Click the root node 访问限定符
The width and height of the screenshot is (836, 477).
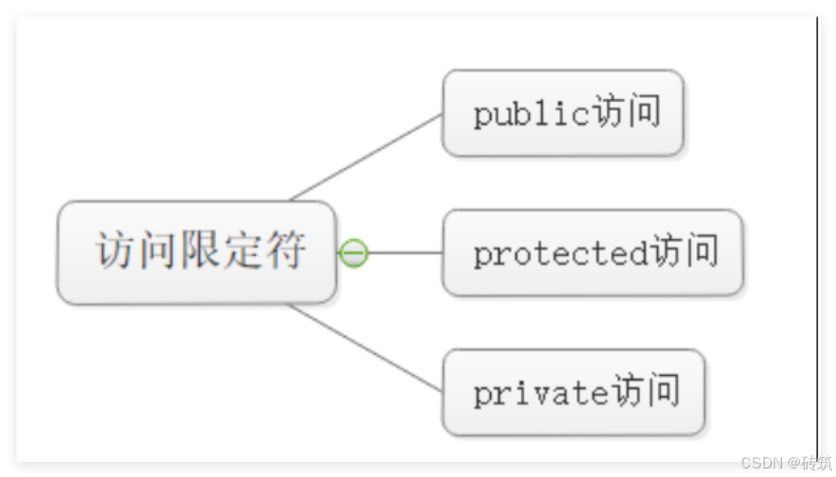click(x=197, y=252)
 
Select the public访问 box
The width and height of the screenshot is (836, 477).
click(x=562, y=113)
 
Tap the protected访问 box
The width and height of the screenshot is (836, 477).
click(x=592, y=253)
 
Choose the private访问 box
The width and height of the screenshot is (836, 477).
click(x=574, y=392)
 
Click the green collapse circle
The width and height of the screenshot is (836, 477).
click(x=354, y=253)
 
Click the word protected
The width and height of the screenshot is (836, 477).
click(x=561, y=254)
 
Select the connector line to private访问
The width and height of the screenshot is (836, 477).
click(x=366, y=348)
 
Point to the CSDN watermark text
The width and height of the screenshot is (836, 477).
click(x=785, y=462)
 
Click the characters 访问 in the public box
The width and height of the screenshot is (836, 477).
click(x=626, y=112)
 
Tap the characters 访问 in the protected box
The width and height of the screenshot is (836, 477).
click(x=684, y=252)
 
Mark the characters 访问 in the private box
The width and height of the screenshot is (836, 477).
click(x=646, y=391)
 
